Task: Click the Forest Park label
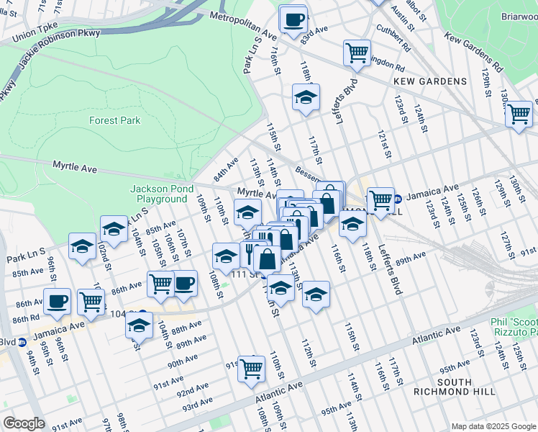115,120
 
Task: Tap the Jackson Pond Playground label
159,194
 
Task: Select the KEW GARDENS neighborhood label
430,81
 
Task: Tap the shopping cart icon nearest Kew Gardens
357,53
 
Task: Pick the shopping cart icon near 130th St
519,114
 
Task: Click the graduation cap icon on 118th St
306,97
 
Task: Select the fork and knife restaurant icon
252,254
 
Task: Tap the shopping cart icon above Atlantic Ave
251,369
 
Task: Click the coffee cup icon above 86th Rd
57,301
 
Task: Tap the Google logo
24,423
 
